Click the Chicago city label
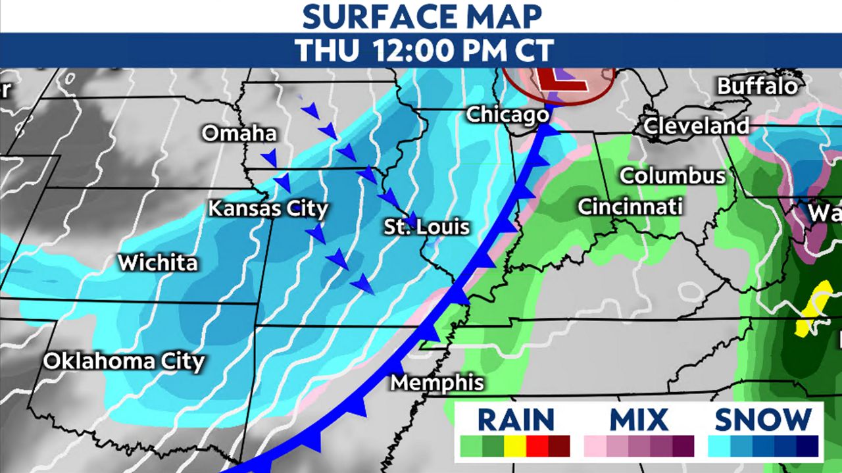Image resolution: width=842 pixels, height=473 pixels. click(x=507, y=114)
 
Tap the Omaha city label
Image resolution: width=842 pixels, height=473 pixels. click(x=239, y=134)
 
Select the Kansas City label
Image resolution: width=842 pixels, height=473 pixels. click(x=268, y=209)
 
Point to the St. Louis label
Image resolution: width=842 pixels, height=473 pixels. click(x=427, y=228)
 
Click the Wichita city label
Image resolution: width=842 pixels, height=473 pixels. click(x=157, y=263)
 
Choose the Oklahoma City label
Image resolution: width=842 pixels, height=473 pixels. click(x=124, y=361)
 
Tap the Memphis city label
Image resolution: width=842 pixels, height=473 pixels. click(x=437, y=382)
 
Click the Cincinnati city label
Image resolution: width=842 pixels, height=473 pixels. click(x=630, y=207)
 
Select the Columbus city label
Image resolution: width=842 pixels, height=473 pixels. click(x=672, y=176)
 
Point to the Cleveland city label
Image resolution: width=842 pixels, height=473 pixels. click(x=696, y=126)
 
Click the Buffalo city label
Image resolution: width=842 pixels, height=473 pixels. click(x=757, y=86)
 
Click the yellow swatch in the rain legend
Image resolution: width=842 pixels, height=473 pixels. click(x=515, y=446)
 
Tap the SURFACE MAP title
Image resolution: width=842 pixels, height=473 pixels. click(x=420, y=16)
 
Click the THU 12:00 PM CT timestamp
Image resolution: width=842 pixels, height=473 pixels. click(x=420, y=50)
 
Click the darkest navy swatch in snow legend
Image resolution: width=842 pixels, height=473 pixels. click(x=807, y=446)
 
